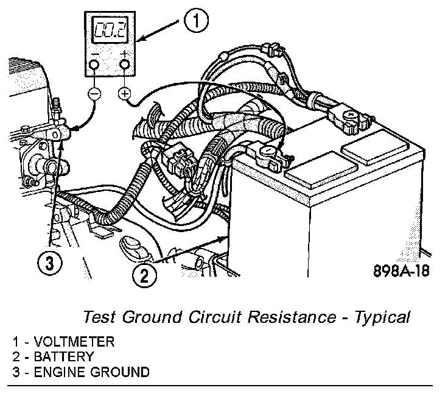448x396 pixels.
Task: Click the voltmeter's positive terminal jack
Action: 125,65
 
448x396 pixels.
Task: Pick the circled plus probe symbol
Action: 125,94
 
